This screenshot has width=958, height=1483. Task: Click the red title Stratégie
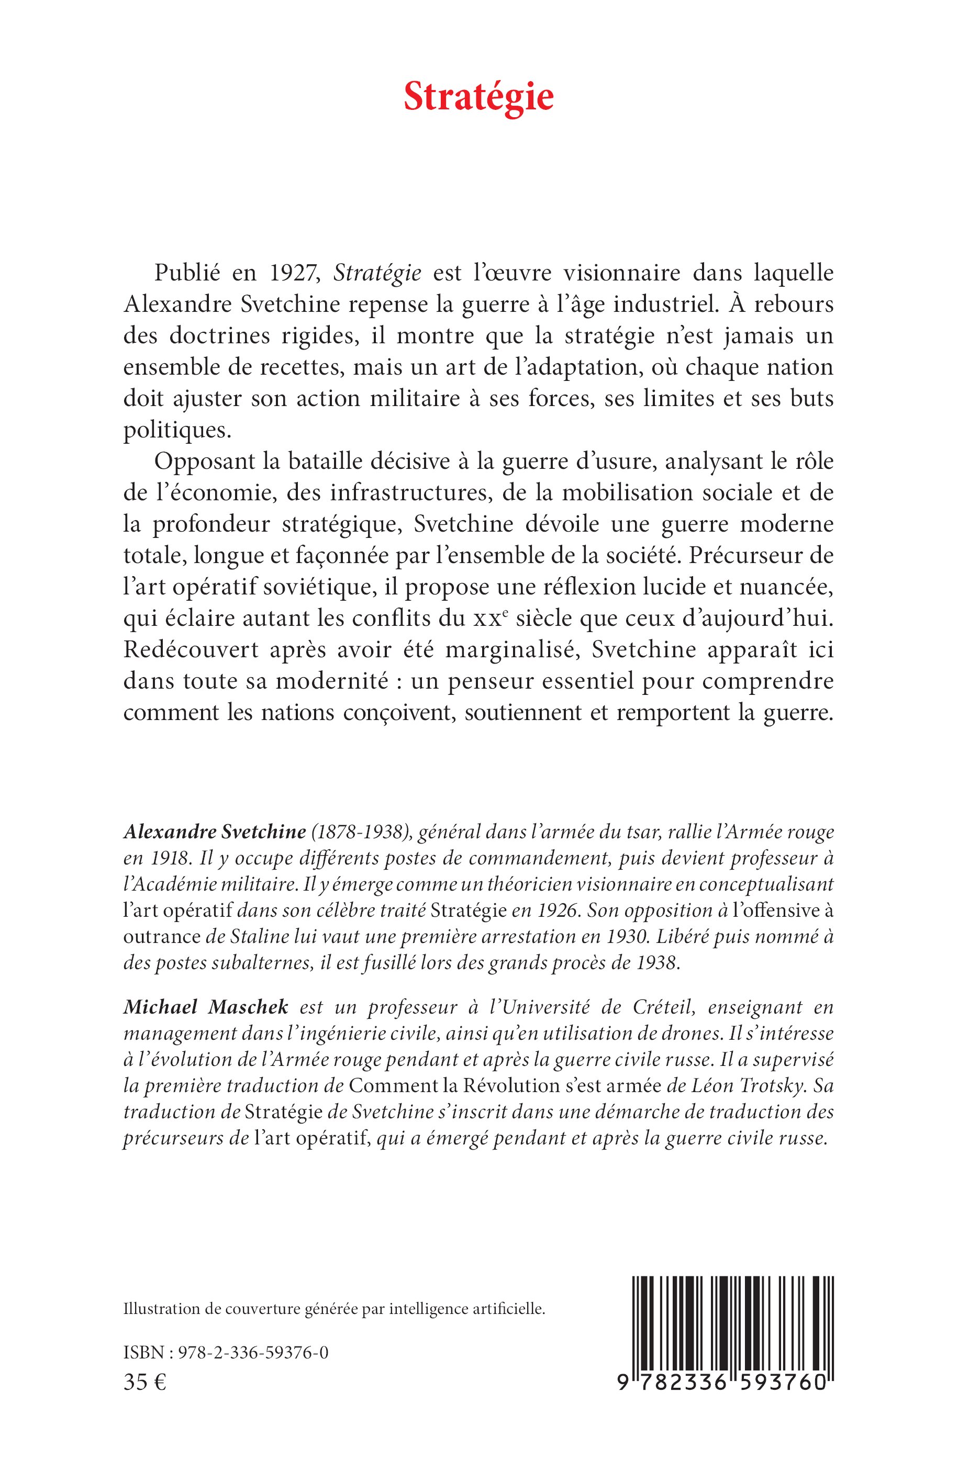click(x=478, y=98)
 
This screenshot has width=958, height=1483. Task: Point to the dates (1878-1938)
click(x=357, y=832)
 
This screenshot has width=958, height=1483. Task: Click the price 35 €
click(x=145, y=1383)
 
